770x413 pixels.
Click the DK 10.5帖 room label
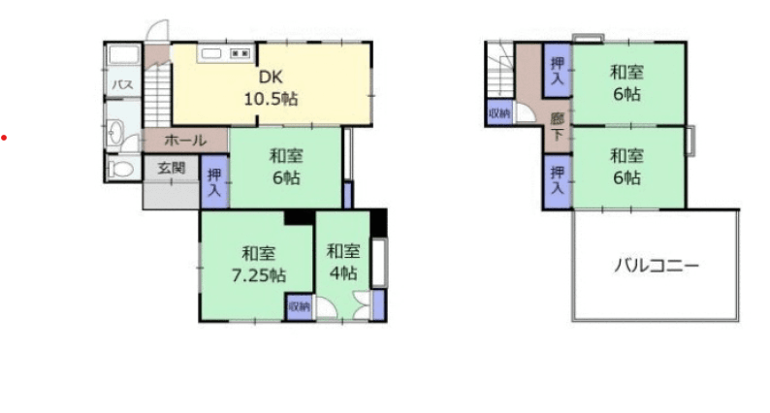271,88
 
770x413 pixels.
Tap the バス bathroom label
122,85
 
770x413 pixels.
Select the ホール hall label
185,141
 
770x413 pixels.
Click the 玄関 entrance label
172,169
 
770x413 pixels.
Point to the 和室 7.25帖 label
259,265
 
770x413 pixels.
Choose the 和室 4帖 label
343,262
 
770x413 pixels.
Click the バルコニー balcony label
657,266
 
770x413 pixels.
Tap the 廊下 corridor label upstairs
557,126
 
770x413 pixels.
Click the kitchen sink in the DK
211,53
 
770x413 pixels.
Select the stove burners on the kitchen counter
241,53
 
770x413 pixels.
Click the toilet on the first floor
120,170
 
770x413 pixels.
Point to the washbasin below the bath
114,133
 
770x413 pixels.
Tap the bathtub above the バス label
124,55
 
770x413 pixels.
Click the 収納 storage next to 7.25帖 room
299,307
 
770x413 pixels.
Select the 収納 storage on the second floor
499,113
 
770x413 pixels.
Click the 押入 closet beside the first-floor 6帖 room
214,181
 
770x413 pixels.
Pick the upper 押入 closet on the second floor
557,71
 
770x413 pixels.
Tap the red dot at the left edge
4,138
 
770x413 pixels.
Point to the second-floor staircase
500,70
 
